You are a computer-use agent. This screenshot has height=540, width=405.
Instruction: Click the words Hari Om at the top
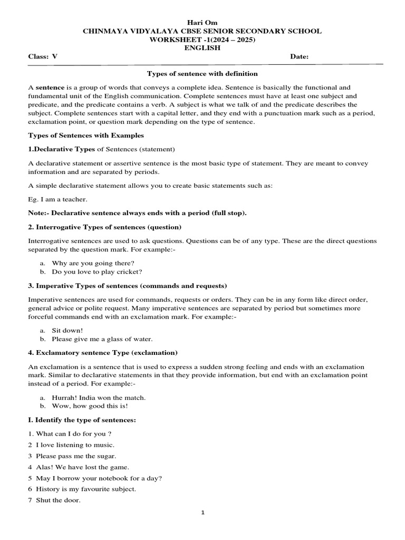click(202, 22)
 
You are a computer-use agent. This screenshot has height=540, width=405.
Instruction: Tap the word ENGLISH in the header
click(202, 48)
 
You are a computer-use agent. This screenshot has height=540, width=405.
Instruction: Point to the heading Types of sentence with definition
click(202, 74)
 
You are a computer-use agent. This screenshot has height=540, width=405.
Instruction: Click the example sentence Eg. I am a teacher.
click(58, 200)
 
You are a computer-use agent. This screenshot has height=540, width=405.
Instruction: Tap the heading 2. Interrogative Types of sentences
click(104, 227)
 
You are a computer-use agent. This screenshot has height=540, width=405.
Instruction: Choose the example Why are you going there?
click(93, 263)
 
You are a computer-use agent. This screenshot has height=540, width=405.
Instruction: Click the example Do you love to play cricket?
click(97, 272)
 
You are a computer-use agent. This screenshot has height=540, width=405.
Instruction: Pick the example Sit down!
click(67, 330)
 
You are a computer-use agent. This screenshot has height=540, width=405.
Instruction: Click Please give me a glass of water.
click(102, 339)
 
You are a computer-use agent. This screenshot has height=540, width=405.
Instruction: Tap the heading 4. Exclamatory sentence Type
click(103, 352)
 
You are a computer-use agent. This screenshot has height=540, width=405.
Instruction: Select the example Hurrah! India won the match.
click(99, 397)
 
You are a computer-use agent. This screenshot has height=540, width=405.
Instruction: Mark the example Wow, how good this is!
click(90, 407)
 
